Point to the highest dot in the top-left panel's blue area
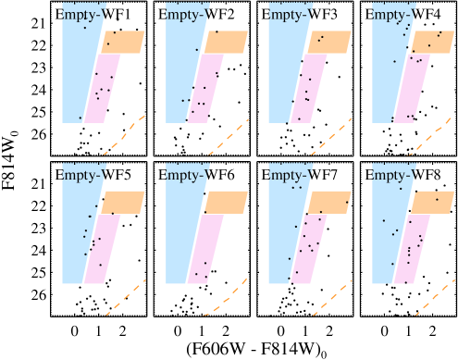pyautogui.click(x=85, y=27)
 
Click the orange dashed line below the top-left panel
pyautogui.click(x=126, y=132)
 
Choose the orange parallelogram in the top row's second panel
pyautogui.click(x=226, y=42)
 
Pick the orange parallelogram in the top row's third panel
pyautogui.click(x=329, y=42)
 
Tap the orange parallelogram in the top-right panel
pyautogui.click(x=433, y=42)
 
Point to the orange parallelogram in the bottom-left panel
pyautogui.click(x=122, y=202)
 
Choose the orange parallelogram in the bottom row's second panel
pyautogui.click(x=226, y=202)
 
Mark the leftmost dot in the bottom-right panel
pyautogui.click(x=383, y=220)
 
